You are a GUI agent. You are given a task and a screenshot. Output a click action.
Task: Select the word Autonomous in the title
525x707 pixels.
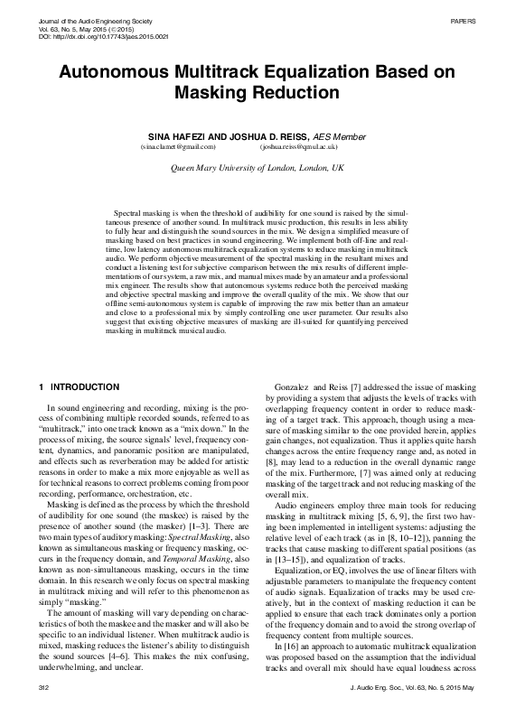pos(122,72)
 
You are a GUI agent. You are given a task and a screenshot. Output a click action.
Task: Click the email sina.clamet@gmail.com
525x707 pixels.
pos(178,145)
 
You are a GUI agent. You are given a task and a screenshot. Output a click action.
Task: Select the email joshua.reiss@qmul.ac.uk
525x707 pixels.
pos(298,145)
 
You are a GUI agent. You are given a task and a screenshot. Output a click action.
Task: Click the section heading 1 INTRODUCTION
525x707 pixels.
pos(80,387)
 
